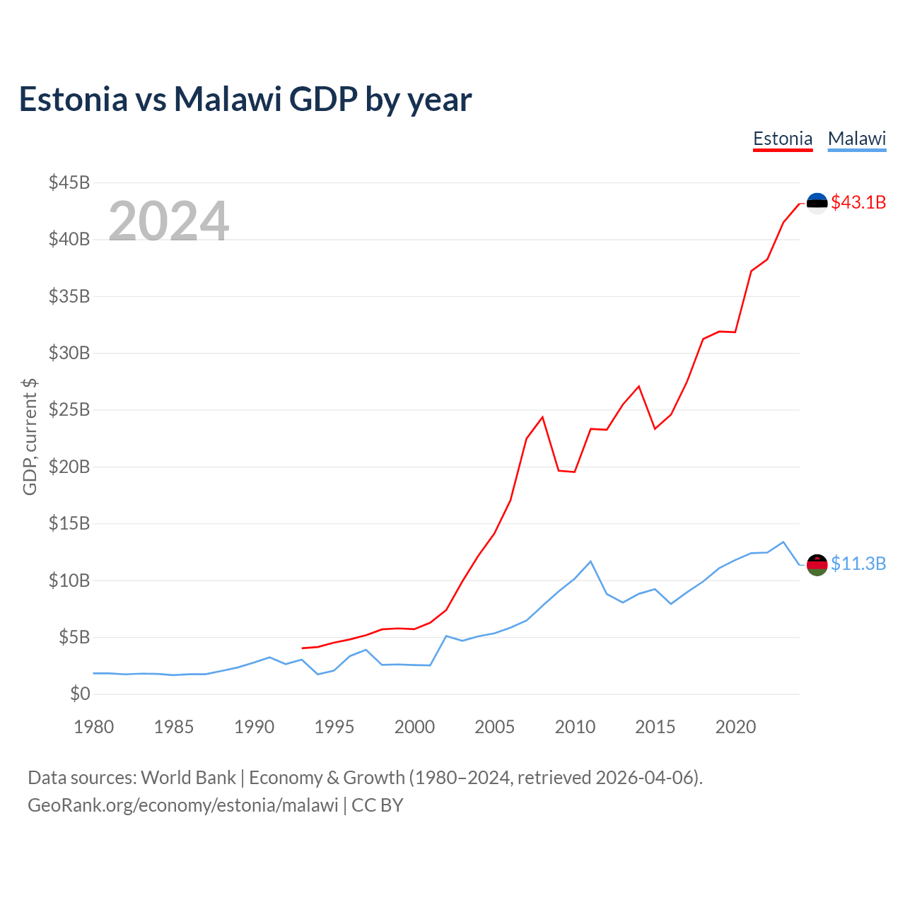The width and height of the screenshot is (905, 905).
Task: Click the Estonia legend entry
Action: pos(783,139)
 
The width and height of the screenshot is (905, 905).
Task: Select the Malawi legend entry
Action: pos(857,139)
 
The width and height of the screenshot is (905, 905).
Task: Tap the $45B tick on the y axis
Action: pos(69,182)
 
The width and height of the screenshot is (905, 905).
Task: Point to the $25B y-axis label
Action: pos(69,410)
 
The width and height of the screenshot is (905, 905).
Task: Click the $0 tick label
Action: pos(80,694)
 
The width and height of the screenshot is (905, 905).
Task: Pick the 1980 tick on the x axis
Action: pos(94,727)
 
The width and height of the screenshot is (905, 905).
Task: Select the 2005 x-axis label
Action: pos(495,727)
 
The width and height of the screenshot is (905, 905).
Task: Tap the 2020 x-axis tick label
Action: pos(735,727)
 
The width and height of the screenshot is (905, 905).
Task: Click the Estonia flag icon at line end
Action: pos(817,203)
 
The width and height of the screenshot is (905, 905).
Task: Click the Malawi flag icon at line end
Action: pos(817,564)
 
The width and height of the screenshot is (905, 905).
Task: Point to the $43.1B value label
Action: pos(858,202)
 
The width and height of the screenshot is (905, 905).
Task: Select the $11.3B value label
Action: pos(858,564)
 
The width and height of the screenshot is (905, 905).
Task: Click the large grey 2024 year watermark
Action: pos(168,221)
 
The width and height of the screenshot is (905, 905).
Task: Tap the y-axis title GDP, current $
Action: pos(30,437)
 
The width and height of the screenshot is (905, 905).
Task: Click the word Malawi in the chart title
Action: pos(228,99)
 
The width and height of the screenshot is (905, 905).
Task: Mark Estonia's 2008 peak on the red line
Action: pos(542,417)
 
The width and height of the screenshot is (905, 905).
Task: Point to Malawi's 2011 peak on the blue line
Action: pos(590,561)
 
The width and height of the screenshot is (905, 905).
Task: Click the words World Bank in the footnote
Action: pos(188,778)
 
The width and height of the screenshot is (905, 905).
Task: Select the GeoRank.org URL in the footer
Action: pos(183,805)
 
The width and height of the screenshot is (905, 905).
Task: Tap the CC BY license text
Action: pos(378,805)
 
